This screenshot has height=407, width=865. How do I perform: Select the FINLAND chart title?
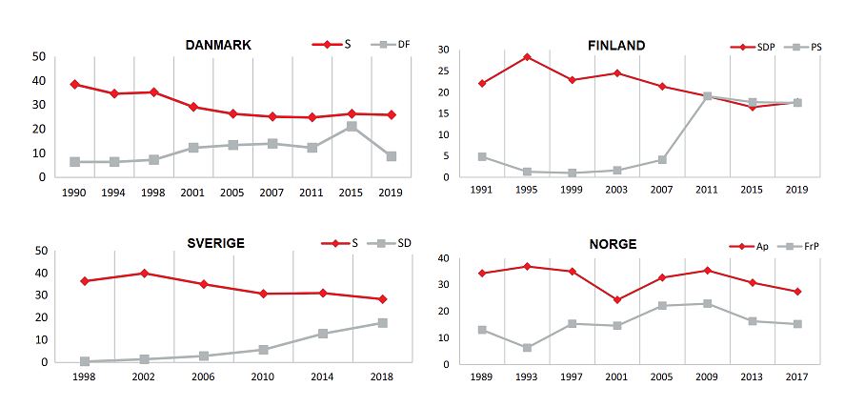[616, 46]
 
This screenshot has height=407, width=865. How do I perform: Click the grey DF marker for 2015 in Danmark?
[352, 126]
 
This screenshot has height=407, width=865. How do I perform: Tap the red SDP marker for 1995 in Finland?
[527, 57]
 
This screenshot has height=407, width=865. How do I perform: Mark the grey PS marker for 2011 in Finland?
[708, 96]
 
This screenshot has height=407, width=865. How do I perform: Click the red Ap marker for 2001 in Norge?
[616, 300]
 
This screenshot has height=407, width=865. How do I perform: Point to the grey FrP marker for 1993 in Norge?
[527, 348]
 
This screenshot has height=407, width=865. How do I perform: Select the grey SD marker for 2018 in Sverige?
[382, 323]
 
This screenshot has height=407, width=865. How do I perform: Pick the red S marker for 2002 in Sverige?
[144, 274]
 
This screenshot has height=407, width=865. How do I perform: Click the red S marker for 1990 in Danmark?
[75, 84]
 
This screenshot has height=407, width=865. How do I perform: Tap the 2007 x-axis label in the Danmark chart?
[272, 193]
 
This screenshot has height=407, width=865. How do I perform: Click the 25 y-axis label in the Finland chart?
[444, 71]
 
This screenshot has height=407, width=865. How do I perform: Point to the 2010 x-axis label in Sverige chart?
[263, 379]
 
